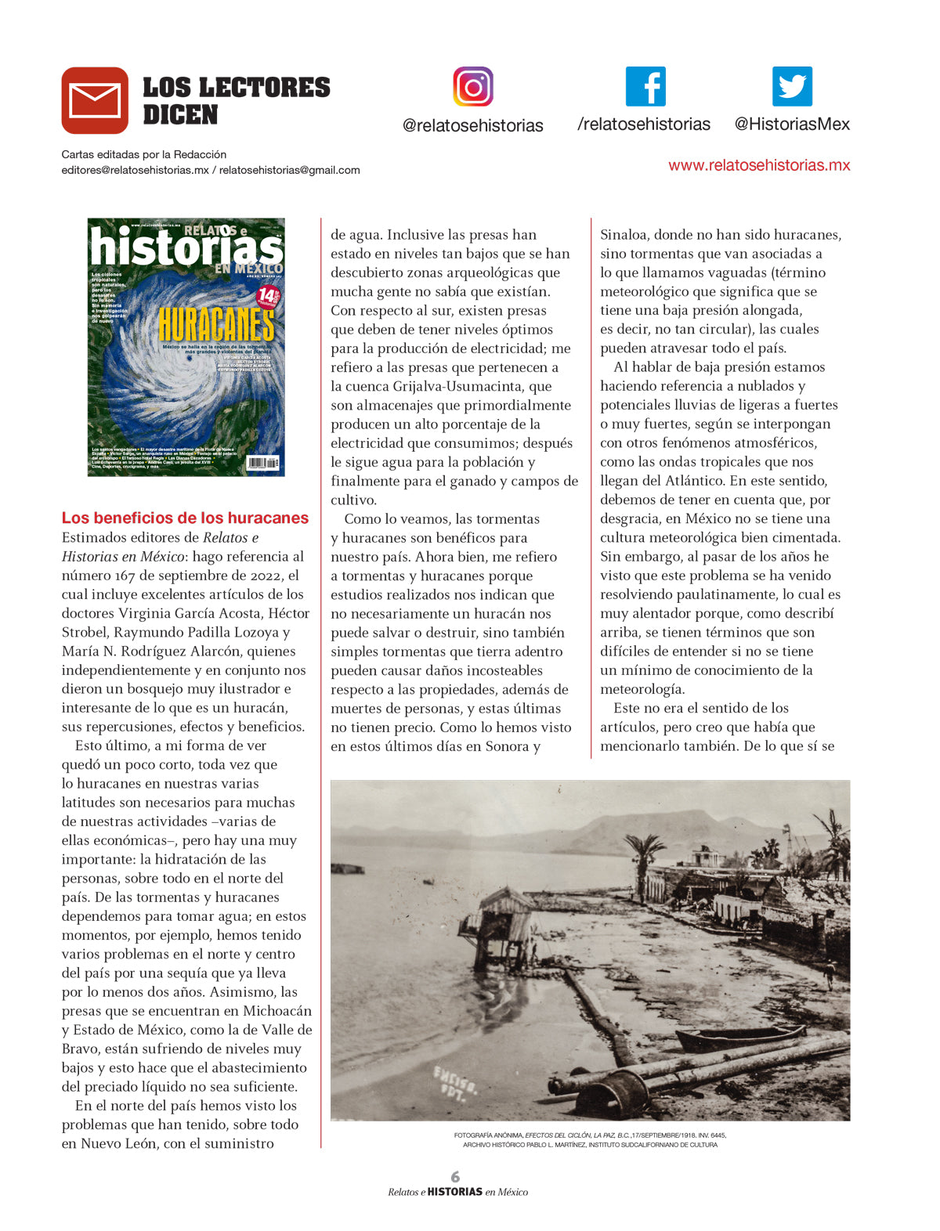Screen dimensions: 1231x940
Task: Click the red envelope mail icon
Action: tap(95, 100)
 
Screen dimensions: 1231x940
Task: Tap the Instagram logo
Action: tap(473, 86)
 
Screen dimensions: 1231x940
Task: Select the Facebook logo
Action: tap(645, 86)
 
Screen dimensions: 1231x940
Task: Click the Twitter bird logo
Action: tap(792, 86)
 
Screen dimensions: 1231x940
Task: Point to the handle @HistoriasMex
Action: tap(792, 124)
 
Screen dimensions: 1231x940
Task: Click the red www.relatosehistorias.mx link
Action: tap(759, 165)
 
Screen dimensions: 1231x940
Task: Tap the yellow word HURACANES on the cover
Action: tap(216, 324)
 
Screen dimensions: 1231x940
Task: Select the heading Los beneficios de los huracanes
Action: tap(185, 518)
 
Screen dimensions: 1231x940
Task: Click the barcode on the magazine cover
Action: tap(262, 463)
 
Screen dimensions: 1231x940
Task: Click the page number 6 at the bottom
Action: tap(455, 1176)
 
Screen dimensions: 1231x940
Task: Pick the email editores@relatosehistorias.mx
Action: tap(135, 170)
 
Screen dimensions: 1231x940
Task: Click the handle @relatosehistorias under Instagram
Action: tap(472, 125)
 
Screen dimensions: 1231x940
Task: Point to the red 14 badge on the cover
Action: tap(268, 296)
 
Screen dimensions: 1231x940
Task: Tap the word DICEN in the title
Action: tap(180, 115)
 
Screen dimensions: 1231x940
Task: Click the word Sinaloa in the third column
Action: tap(624, 235)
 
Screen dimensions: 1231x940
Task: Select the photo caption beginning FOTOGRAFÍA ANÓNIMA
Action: tap(590, 1139)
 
